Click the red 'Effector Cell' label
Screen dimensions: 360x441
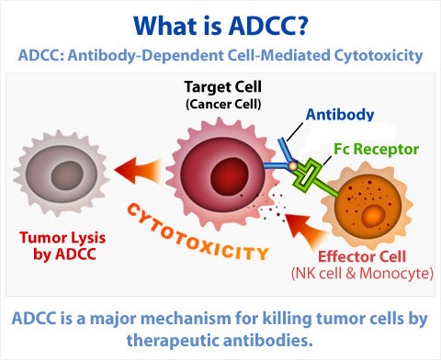355,259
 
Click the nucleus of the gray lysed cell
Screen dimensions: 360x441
57,175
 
